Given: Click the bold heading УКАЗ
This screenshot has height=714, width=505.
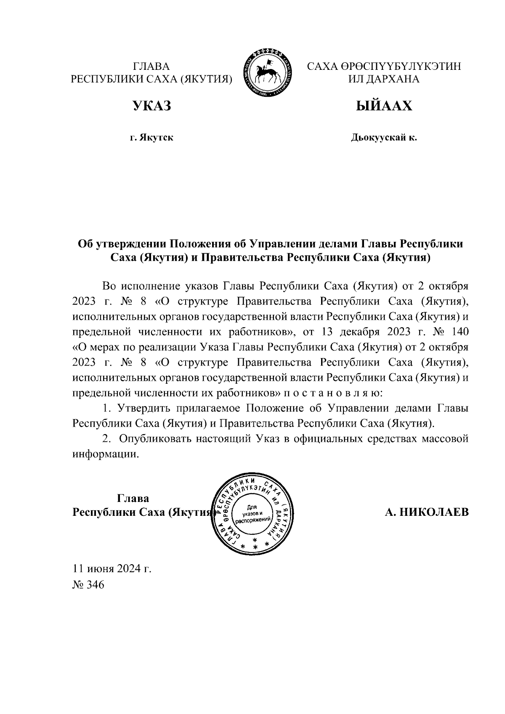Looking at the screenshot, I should pyautogui.click(x=152, y=106).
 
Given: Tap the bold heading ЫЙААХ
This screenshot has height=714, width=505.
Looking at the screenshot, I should pyautogui.click(x=384, y=106).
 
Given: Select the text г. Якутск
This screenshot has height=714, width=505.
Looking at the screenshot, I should pyautogui.click(x=151, y=138).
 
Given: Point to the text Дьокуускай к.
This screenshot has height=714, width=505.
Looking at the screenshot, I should pyautogui.click(x=384, y=138).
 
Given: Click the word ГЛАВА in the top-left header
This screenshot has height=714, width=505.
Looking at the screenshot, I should pyautogui.click(x=151, y=66).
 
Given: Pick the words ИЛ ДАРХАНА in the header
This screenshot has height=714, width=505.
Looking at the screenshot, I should pyautogui.click(x=384, y=80).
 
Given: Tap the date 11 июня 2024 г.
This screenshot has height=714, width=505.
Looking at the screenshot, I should pyautogui.click(x=112, y=569).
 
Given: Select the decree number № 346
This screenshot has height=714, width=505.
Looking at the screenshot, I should pyautogui.click(x=88, y=585).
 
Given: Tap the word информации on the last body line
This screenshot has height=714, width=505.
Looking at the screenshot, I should pyautogui.click(x=105, y=454).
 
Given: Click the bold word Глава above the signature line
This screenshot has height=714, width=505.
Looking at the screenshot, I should pyautogui.click(x=133, y=499).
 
